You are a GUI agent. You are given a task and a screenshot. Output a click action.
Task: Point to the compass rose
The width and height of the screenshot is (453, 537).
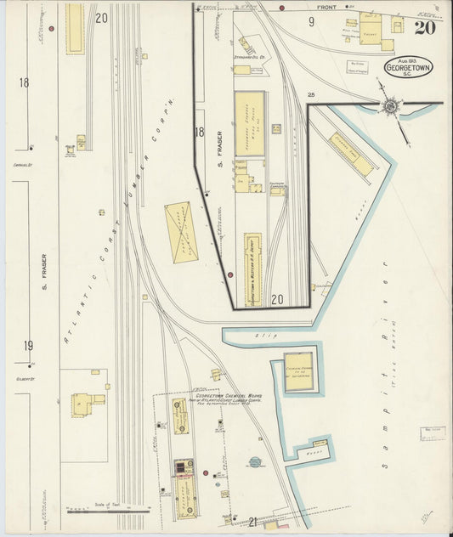(x=390, y=106)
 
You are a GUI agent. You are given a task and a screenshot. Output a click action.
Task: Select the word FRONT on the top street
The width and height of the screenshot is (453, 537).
(x=327, y=8)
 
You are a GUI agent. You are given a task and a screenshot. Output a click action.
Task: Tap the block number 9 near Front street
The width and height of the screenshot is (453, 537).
(x=311, y=22)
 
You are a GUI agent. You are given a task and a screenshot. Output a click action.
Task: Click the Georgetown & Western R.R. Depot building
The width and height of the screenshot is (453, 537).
(x=253, y=269)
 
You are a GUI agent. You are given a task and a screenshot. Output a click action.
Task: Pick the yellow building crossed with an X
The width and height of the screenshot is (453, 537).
(x=179, y=232)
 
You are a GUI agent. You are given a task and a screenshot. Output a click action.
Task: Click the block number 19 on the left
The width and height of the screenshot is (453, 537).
(x=28, y=345)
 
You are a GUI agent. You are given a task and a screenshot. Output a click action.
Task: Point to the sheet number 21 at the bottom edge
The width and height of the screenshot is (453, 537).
(x=252, y=521)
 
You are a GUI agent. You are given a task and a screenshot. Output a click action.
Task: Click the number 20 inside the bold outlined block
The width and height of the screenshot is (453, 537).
(x=277, y=299)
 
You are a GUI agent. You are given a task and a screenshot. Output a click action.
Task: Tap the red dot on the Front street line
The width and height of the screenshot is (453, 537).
(x=348, y=8)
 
